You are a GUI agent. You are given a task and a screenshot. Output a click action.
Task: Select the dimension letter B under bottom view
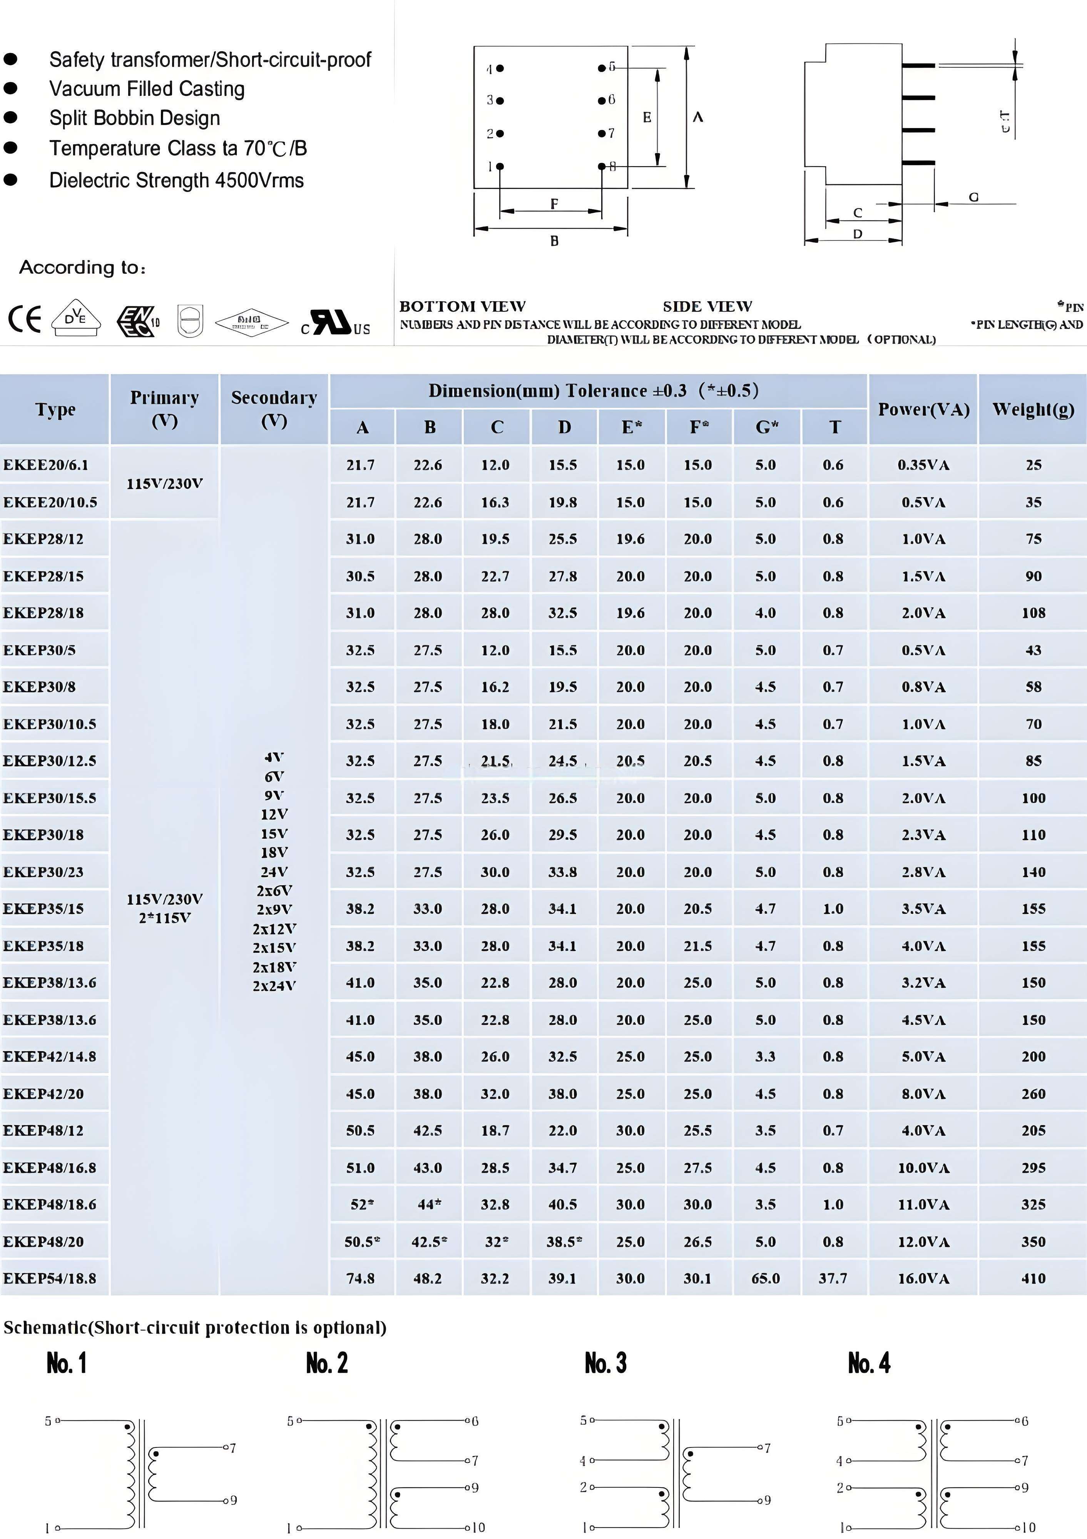(554, 240)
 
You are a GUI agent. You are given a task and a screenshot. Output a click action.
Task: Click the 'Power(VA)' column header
(923, 409)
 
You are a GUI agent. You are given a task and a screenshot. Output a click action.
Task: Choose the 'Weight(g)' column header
(1033, 409)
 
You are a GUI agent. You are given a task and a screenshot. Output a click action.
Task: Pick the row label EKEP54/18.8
(50, 1278)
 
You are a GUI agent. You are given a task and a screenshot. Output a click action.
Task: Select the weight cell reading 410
(1033, 1278)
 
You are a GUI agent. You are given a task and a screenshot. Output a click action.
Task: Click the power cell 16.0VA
(923, 1278)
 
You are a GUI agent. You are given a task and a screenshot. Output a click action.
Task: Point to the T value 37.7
(833, 1278)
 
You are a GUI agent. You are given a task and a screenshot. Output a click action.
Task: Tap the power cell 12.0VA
(923, 1241)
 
